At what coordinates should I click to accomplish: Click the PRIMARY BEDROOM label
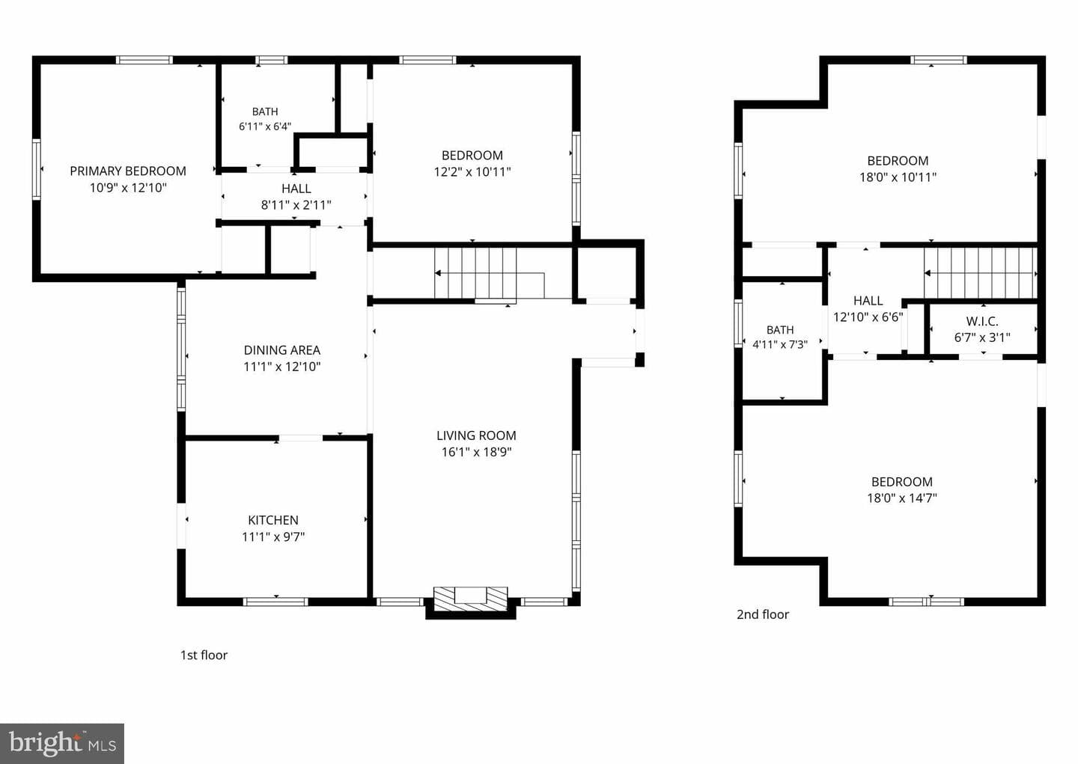pos(128,171)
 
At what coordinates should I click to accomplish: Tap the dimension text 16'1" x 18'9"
pos(476,452)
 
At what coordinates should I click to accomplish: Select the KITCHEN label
pos(272,520)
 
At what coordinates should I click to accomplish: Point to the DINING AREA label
pos(282,350)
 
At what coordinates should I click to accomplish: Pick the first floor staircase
pos(490,273)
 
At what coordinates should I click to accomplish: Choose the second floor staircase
pos(981,273)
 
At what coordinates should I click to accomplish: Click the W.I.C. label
pos(982,321)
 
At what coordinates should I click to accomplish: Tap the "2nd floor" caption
pos(763,614)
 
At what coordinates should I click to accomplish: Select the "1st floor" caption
pos(204,655)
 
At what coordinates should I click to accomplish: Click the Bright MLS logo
pos(62,743)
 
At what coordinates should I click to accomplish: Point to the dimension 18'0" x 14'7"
pos(902,498)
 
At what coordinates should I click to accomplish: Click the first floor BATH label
pos(265,111)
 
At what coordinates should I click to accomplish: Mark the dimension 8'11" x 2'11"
pos(296,206)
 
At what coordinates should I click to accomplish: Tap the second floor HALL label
pos(868,301)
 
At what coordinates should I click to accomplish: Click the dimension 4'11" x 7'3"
pos(780,344)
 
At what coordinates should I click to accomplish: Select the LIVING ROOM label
pos(476,436)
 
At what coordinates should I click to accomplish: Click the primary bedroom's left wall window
pos(37,169)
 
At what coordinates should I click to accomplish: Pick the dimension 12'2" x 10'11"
pos(472,172)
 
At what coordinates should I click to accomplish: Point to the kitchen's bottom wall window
pos(275,602)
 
